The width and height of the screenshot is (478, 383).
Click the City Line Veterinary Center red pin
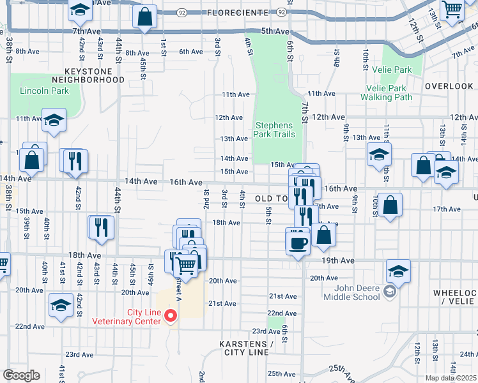pos(171,316)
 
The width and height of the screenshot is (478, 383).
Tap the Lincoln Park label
pos(44,91)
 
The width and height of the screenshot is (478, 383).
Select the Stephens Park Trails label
pos(275,130)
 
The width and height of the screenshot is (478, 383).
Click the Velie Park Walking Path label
pos(386,93)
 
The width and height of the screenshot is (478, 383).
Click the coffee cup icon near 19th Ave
pos(298,242)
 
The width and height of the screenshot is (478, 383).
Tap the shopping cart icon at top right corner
pos(452,10)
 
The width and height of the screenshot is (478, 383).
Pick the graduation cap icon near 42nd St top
pos(81,10)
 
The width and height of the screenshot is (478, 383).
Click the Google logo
pos(21,375)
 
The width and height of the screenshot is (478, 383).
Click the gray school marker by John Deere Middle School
pos(389,292)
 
